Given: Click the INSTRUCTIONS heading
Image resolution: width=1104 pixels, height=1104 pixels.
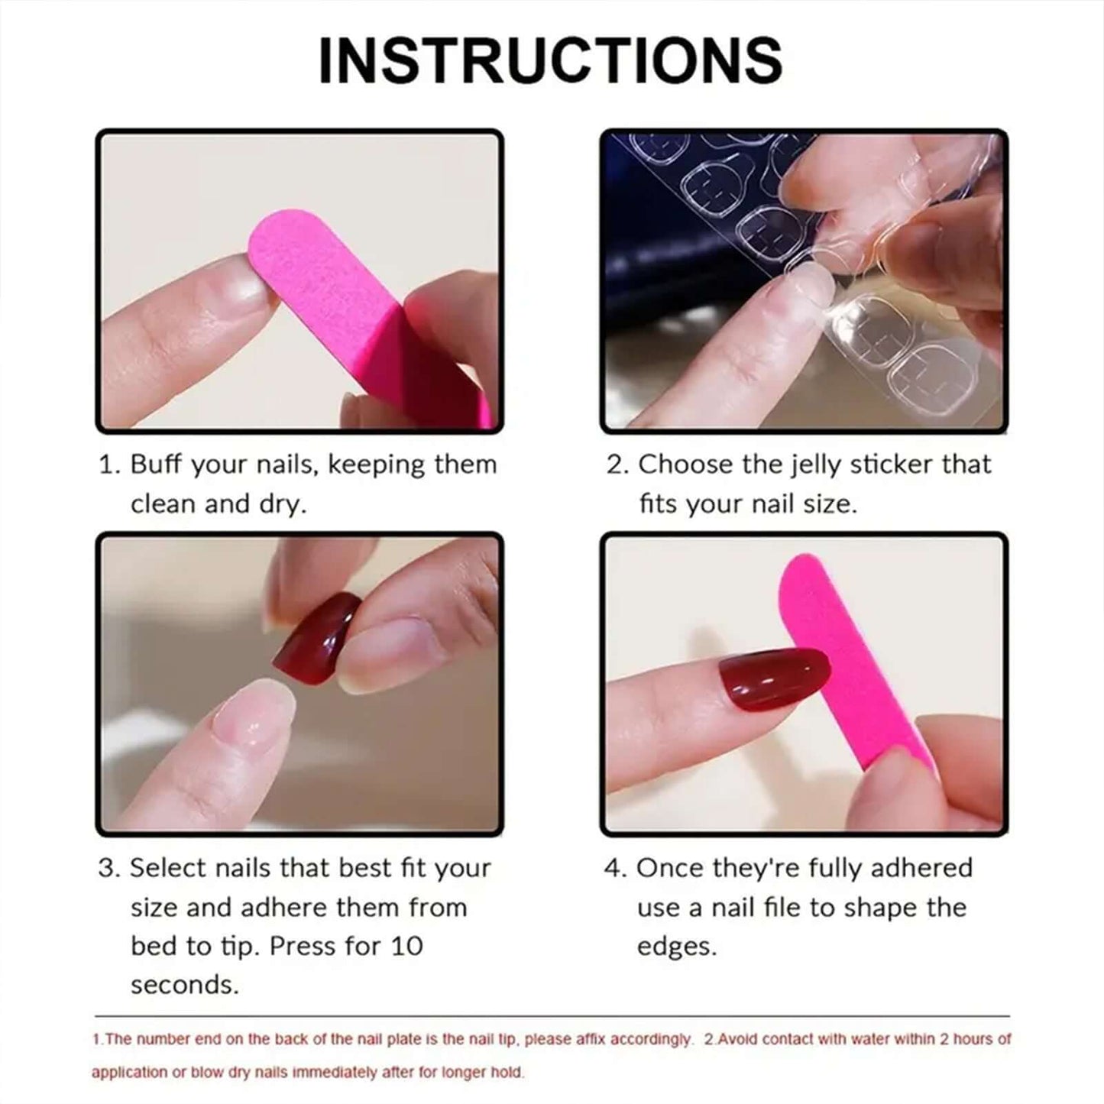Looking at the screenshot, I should click(550, 61).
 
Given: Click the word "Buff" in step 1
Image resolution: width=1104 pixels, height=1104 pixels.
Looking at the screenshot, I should click(157, 465).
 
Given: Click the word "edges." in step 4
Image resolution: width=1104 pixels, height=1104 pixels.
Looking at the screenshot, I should click(677, 947).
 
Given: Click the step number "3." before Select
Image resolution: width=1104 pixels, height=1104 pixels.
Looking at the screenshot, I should click(110, 869).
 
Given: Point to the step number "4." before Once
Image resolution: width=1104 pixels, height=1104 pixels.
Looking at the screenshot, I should click(616, 869).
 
